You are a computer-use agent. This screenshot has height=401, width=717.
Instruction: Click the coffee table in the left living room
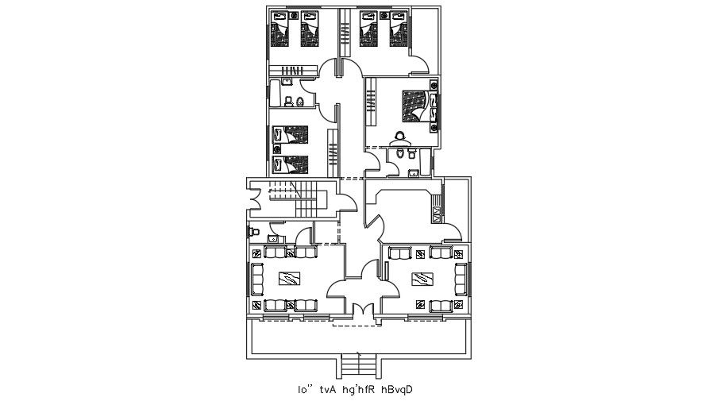(x=287, y=278)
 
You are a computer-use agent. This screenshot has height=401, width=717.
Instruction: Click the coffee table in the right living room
(x=421, y=278)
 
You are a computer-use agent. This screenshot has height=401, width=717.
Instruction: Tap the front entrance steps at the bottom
(x=359, y=365)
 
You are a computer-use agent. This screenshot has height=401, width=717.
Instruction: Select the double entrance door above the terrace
(x=360, y=311)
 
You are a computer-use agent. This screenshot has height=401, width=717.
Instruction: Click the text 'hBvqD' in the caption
(x=397, y=390)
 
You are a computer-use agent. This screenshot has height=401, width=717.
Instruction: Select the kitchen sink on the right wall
(x=436, y=212)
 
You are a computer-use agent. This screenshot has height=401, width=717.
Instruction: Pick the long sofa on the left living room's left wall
(x=257, y=279)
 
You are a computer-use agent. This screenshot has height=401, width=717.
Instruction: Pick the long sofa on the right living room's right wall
(x=461, y=279)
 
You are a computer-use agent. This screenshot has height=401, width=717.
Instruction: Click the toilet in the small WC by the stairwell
(x=254, y=231)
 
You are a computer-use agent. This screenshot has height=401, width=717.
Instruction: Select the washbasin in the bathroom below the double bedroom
(x=413, y=172)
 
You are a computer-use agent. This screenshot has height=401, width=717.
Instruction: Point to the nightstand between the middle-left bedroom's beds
(x=277, y=150)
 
